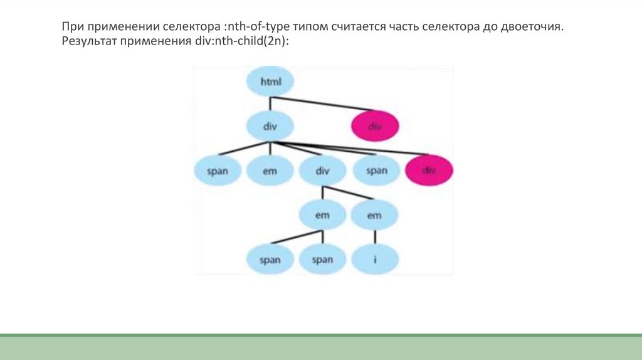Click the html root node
tap(270, 82)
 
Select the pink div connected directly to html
tap(375, 125)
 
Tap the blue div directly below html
tap(270, 125)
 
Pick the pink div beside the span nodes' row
tap(429, 170)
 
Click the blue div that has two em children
tap(322, 170)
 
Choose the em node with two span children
tap(322, 215)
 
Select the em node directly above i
tap(375, 215)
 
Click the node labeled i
tap(375, 259)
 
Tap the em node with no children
tap(270, 170)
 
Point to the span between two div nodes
tap(376, 170)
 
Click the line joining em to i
tap(375, 237)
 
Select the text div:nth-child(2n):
tap(240, 42)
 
